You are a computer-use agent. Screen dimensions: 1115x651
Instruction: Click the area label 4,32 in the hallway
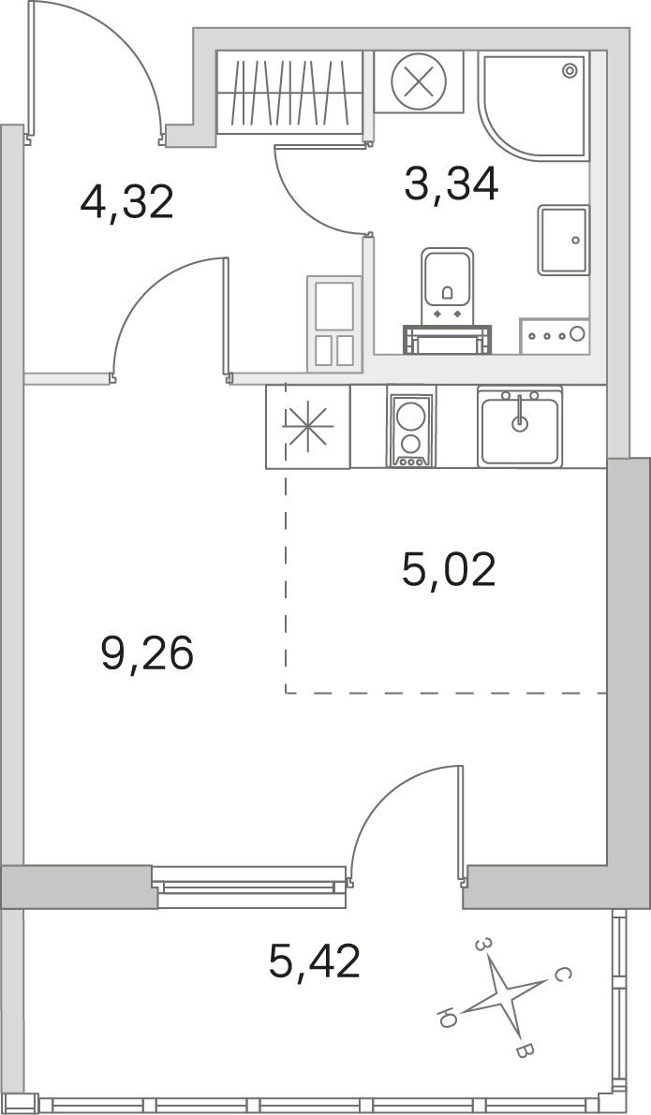click(127, 202)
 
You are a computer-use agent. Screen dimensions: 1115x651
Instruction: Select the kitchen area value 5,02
click(449, 569)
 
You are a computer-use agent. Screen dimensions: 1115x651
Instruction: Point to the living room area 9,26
click(147, 653)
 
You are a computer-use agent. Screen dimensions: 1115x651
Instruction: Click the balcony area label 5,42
click(315, 961)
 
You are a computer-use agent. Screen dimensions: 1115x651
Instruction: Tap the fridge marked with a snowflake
click(308, 426)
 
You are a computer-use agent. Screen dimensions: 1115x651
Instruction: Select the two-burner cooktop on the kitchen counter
click(410, 429)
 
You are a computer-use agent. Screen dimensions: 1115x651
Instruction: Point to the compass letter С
click(559, 975)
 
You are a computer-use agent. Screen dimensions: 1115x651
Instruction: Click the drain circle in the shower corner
click(569, 70)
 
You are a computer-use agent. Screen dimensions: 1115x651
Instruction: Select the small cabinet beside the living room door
click(334, 324)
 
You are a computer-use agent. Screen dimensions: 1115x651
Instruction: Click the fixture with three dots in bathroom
click(554, 333)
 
